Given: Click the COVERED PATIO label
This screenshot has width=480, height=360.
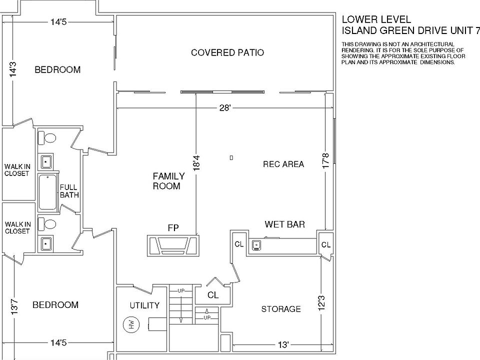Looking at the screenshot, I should tap(227, 52).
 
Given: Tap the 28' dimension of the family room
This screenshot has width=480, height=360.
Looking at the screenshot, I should tap(224, 108).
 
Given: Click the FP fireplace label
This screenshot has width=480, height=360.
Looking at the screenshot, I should tap(173, 228).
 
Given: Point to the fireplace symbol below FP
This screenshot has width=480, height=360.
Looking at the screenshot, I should tap(173, 245).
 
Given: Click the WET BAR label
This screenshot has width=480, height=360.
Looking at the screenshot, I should tap(284, 224).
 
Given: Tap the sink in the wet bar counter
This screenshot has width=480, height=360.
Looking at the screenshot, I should tap(257, 245).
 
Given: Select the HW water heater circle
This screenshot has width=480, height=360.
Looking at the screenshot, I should tap(129, 324).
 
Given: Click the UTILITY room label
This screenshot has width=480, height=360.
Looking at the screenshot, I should tap(144, 305).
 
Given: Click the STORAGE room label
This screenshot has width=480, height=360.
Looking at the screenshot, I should tap(281, 309).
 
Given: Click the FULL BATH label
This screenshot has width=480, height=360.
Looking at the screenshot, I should tap(69, 191).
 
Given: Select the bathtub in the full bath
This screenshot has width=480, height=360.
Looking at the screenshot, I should tap(48, 192).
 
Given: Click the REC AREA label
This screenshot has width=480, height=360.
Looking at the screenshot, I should tap(283, 164).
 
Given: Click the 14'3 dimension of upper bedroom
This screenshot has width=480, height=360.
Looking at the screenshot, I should tap(13, 69).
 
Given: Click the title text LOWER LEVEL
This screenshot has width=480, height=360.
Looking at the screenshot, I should tap(376, 19).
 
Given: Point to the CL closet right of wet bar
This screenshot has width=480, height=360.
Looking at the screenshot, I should tap(325, 245).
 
